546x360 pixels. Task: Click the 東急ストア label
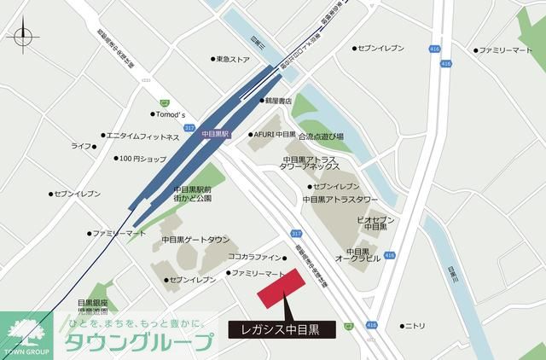pos(232,60)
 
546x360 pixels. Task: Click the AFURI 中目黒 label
pos(275,135)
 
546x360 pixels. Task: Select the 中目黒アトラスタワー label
pos(340,200)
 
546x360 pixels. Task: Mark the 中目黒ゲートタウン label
pos(195,240)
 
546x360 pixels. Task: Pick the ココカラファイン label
pos(254,257)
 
